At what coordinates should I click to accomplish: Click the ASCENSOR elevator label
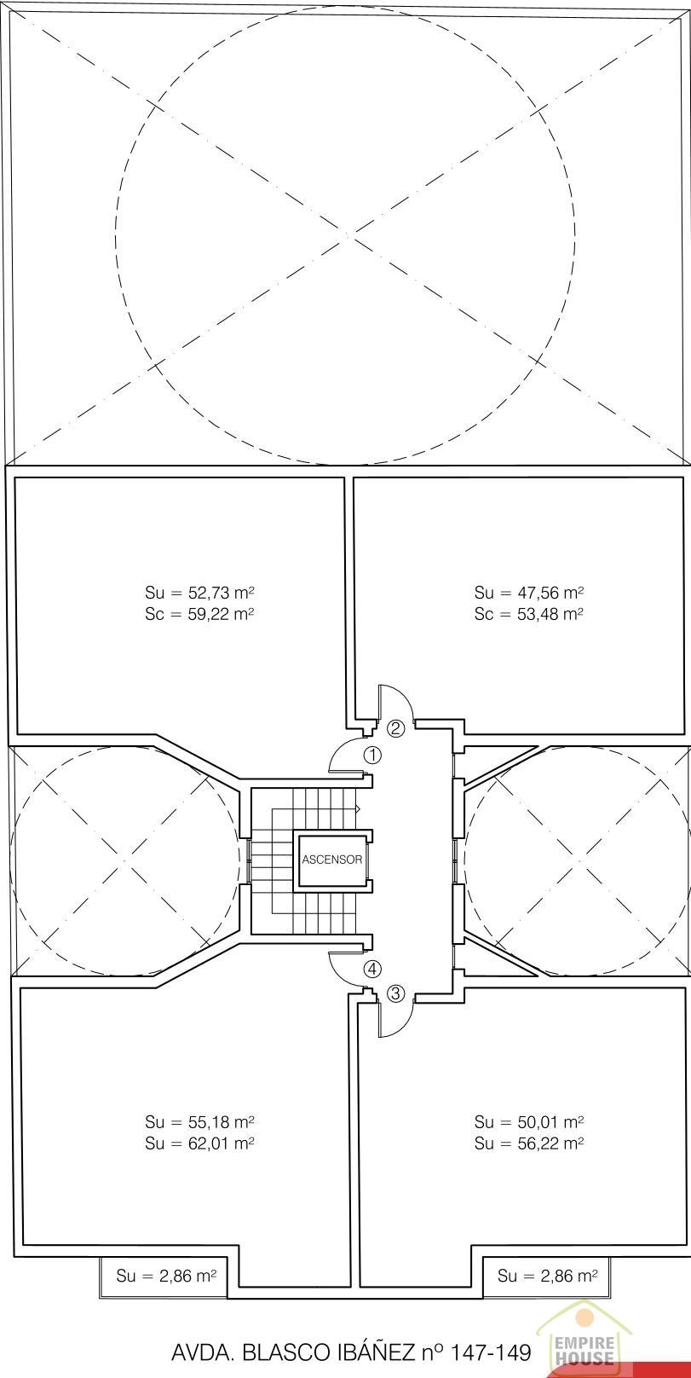(x=332, y=860)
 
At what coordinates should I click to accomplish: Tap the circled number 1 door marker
(x=372, y=755)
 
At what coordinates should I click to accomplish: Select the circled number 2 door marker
(x=396, y=728)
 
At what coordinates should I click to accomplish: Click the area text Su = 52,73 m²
(x=199, y=593)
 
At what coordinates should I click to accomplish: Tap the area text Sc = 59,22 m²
(x=199, y=614)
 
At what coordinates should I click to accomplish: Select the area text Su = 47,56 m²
(x=529, y=593)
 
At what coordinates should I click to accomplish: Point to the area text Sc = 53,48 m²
(x=529, y=614)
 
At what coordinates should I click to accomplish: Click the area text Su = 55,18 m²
(x=199, y=1122)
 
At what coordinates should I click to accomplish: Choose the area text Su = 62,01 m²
(x=199, y=1144)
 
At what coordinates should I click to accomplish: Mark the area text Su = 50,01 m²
(x=529, y=1122)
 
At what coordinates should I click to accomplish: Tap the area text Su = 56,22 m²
(x=529, y=1144)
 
